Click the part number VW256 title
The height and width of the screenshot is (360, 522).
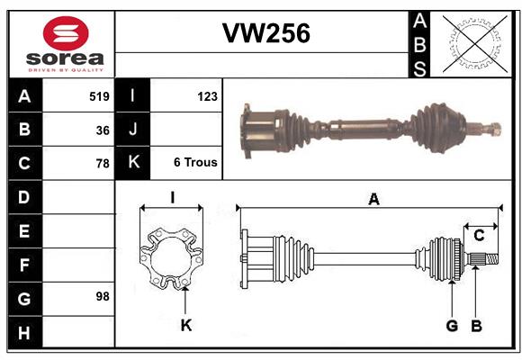click(x=265, y=33)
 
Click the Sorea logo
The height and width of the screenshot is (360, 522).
click(x=66, y=44)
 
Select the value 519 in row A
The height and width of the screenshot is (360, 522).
click(x=99, y=96)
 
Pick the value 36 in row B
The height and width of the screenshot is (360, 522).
click(x=103, y=130)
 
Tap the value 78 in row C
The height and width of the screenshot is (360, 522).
click(x=103, y=164)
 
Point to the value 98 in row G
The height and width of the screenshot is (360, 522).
click(x=103, y=295)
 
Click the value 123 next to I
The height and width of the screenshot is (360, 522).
click(x=207, y=96)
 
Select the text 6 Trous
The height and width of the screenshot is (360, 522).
click(x=195, y=163)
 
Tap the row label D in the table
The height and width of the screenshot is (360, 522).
click(x=24, y=197)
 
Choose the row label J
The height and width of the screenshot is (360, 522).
click(x=133, y=130)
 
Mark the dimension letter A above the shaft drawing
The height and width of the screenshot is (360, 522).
click(x=373, y=200)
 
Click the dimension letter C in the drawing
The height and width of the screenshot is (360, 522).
click(x=479, y=236)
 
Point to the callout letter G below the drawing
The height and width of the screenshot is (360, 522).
click(x=452, y=325)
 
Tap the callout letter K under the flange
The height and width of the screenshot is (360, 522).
click(x=185, y=325)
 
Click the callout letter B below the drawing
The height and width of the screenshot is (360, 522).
click(x=477, y=325)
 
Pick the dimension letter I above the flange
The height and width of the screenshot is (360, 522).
click(x=171, y=198)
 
